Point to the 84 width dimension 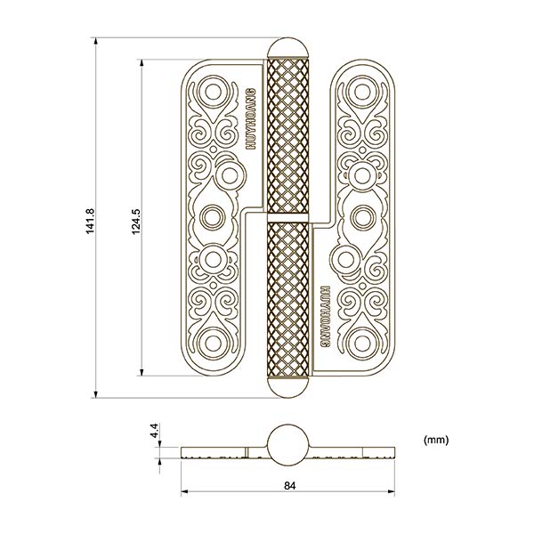click(x=288, y=485)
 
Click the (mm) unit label click(x=436, y=440)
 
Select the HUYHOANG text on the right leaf click(x=324, y=316)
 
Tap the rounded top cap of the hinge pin click(x=288, y=50)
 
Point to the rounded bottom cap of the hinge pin click(x=288, y=386)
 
